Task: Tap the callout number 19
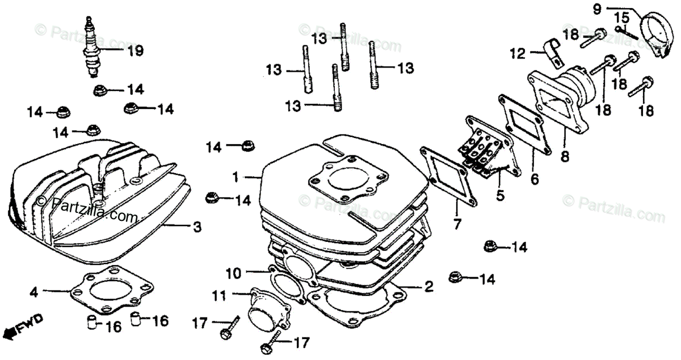tap(134, 51)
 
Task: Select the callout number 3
tap(196, 228)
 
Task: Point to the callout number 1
tap(236, 177)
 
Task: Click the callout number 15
tap(622, 18)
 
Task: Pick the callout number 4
tap(34, 292)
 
